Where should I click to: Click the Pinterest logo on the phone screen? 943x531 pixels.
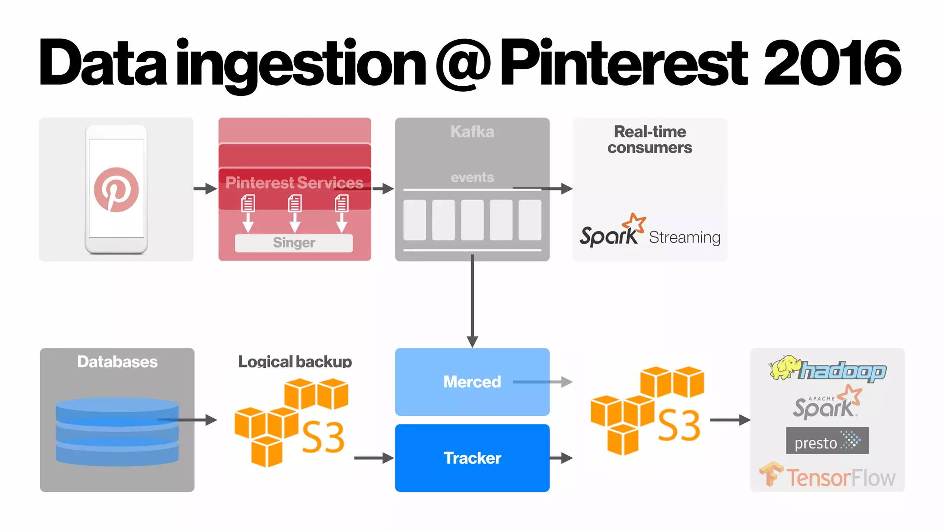[116, 189]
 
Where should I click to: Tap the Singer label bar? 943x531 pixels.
[294, 243]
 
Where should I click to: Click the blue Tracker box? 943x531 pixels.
[472, 458]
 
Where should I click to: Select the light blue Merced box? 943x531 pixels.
[472, 382]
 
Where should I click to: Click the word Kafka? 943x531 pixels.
[472, 132]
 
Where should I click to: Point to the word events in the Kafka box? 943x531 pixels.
[472, 177]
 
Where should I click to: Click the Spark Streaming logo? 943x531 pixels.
[649, 233]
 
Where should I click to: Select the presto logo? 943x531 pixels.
[827, 441]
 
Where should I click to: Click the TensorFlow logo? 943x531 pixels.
[827, 476]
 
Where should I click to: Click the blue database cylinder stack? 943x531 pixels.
[117, 431]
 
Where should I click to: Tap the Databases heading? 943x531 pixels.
[117, 362]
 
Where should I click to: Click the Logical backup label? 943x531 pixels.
[295, 362]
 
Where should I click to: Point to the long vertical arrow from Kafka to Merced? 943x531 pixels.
[472, 300]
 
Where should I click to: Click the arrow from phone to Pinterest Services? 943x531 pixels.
[205, 189]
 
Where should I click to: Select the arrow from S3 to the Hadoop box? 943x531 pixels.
[730, 420]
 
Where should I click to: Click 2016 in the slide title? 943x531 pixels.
[832, 63]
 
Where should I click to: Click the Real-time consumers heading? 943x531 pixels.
[650, 139]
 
